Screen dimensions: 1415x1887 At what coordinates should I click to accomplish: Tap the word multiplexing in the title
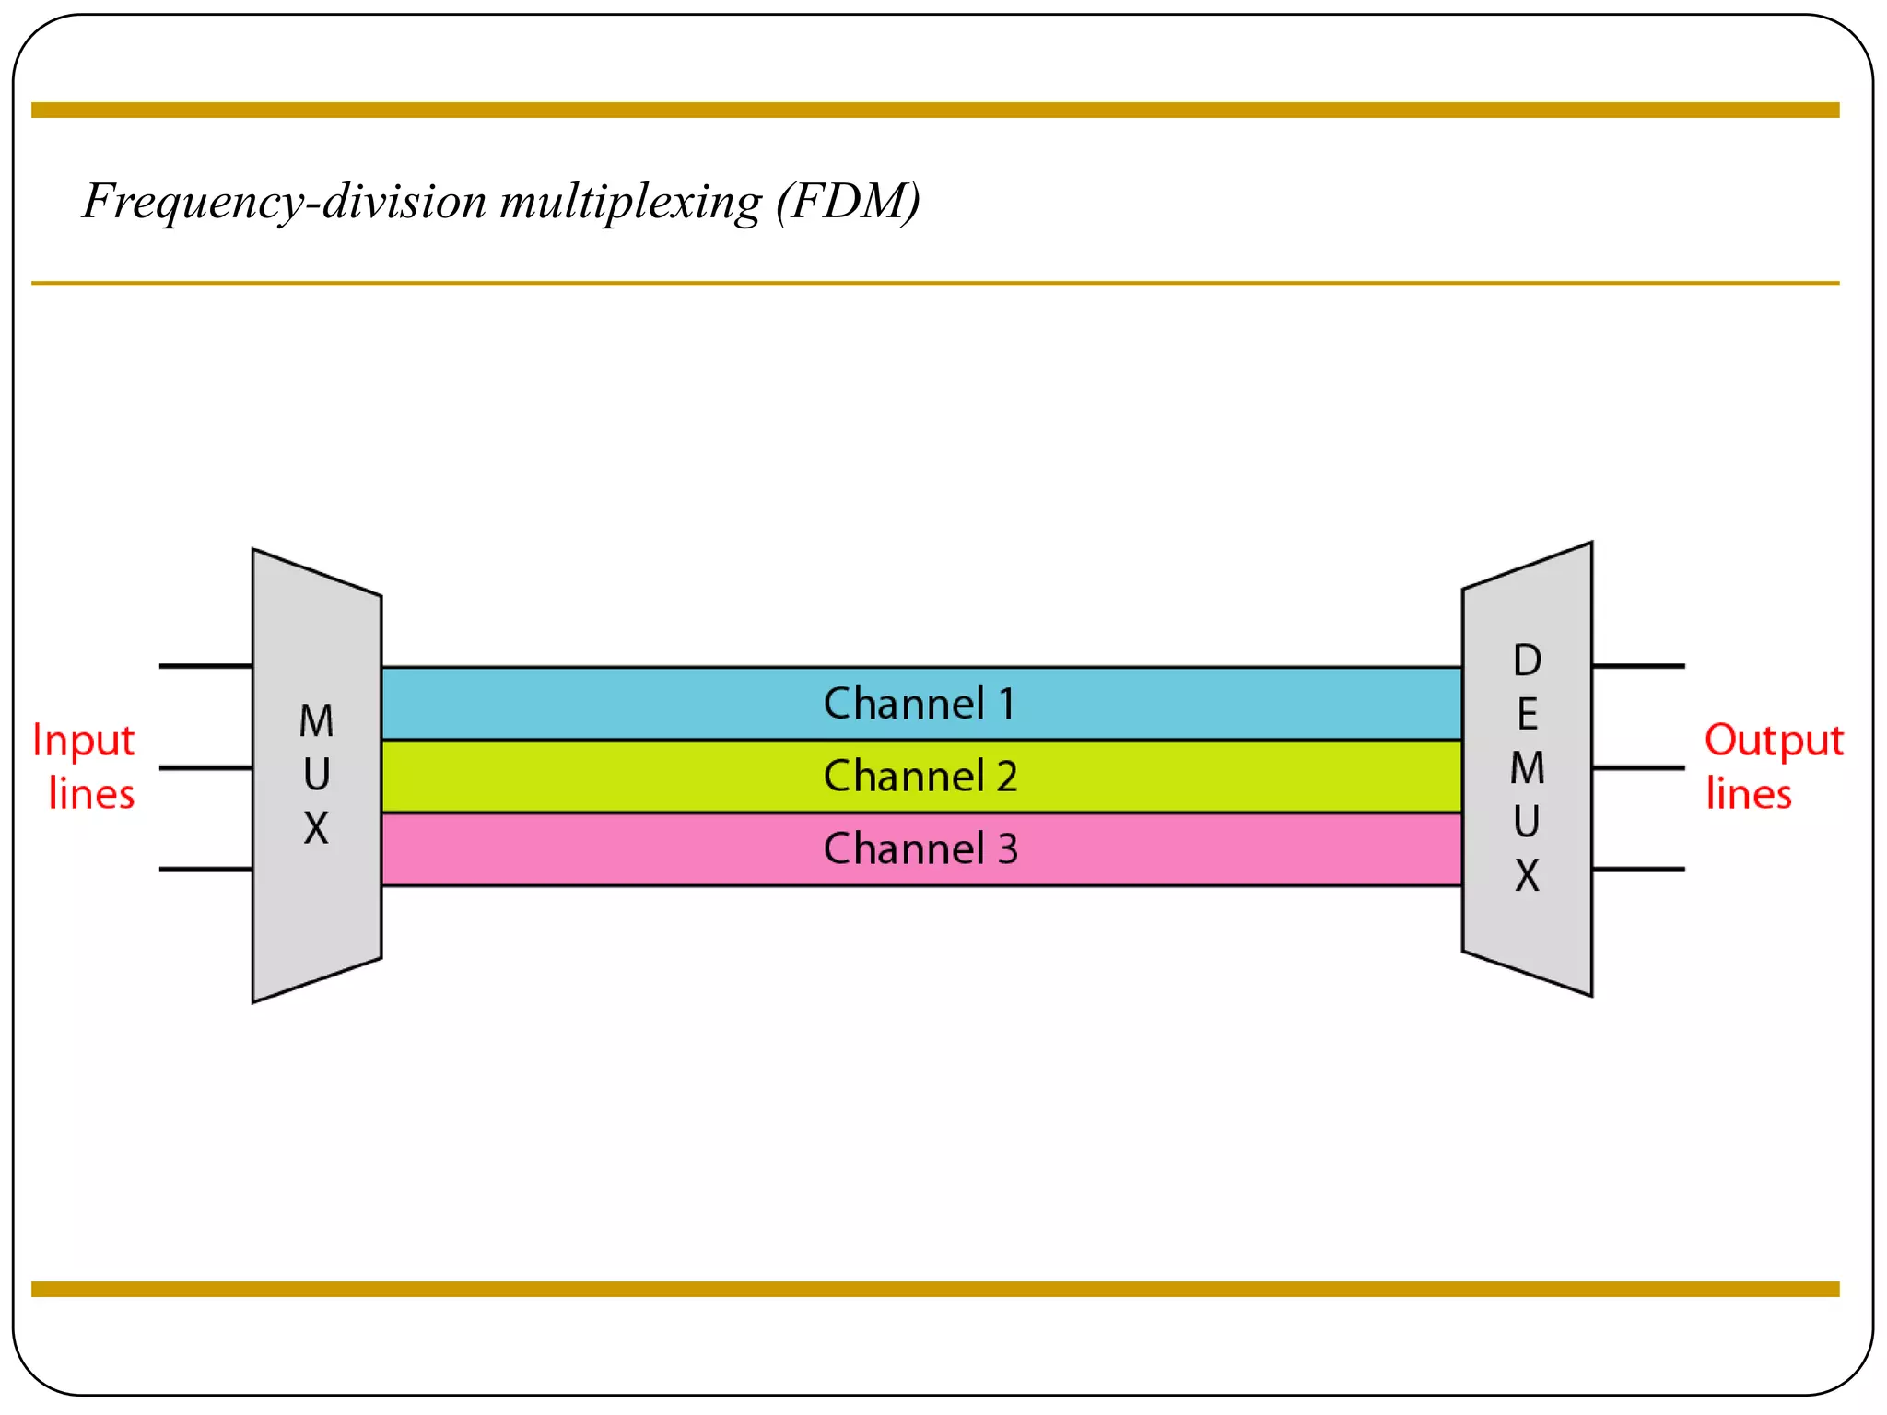[630, 201]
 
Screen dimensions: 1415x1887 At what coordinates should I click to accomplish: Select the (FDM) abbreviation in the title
[848, 201]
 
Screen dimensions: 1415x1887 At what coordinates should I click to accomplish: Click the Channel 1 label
[920, 704]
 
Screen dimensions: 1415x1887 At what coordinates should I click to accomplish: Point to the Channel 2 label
[920, 776]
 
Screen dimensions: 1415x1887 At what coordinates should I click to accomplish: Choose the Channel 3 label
[920, 848]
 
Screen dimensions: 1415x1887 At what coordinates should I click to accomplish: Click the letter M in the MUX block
[316, 721]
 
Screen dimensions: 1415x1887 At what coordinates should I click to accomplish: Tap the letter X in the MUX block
[316, 828]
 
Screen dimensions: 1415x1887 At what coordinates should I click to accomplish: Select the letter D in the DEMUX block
[1527, 661]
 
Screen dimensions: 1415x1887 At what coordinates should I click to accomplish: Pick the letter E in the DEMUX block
[1527, 714]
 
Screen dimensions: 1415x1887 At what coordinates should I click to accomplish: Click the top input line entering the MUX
[205, 665]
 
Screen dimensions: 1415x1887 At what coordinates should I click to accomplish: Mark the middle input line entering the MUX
[205, 767]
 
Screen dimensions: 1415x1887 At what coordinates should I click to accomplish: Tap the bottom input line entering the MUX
[205, 869]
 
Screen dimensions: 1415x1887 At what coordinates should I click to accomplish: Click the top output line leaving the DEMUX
[1638, 665]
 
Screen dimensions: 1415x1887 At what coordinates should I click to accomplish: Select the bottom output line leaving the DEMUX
[1638, 869]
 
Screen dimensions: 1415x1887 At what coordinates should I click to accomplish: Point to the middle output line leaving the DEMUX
[1638, 767]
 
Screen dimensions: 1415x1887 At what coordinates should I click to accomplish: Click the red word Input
[84, 741]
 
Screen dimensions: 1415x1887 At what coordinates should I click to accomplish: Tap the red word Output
[1773, 741]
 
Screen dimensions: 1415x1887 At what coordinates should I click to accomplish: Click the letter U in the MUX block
[316, 775]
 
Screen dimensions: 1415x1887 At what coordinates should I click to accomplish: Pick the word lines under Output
[1748, 794]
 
